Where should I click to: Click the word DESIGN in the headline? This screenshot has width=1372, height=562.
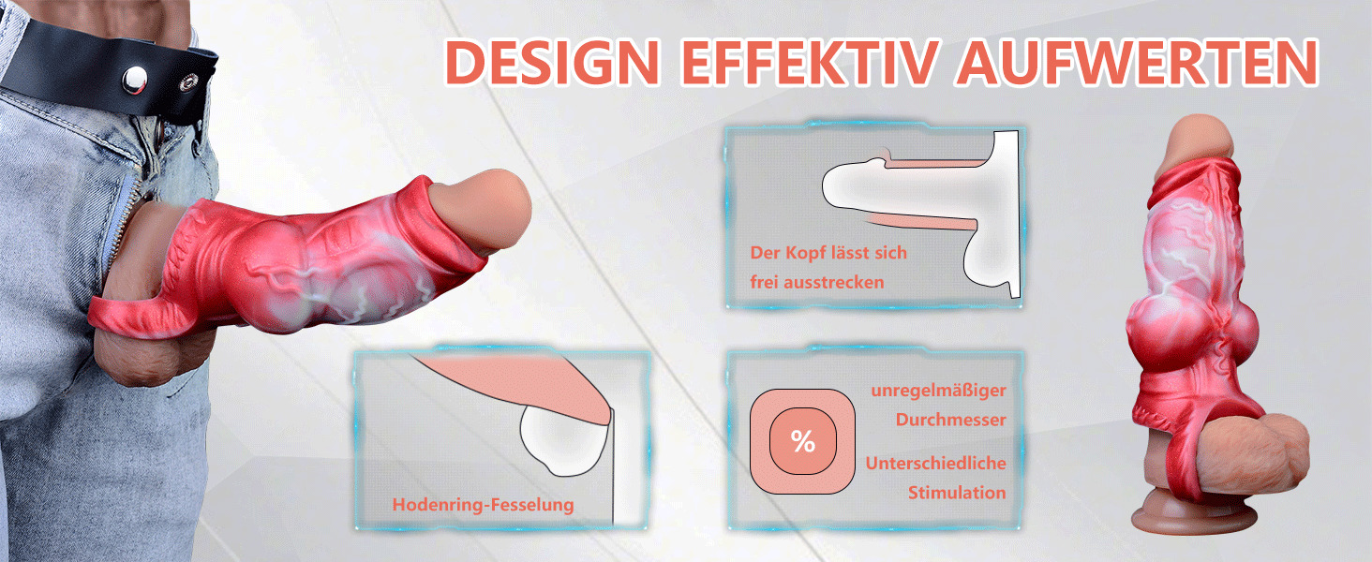point(552,62)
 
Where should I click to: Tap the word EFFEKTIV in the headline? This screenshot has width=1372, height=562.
point(810,62)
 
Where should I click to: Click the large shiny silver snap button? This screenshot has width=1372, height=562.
point(134,80)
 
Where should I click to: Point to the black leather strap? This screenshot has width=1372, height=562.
point(111,67)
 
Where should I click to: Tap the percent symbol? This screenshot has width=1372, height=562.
point(803,441)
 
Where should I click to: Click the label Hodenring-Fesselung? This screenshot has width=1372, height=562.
point(484,505)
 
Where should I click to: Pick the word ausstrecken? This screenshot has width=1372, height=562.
point(834,282)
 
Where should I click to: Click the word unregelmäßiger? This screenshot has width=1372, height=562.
point(938,391)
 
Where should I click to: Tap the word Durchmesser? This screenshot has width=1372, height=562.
point(950,420)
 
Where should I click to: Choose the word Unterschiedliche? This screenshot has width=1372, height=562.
point(935,464)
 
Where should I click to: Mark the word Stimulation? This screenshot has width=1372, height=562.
point(957,493)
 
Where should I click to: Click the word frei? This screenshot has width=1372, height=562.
point(764,282)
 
